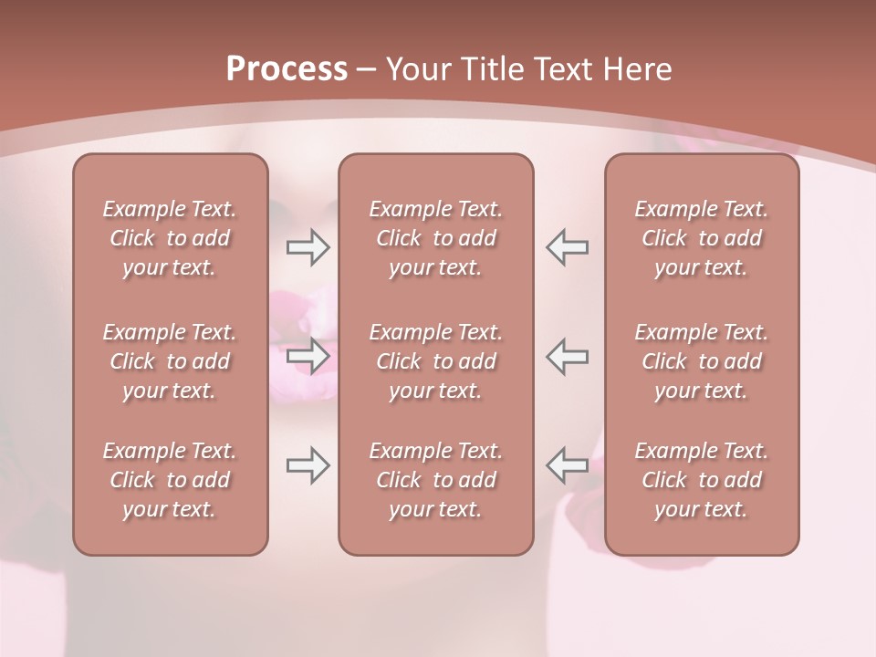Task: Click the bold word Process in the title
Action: (x=287, y=69)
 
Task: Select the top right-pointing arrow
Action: (x=308, y=246)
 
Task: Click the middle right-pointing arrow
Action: (x=308, y=355)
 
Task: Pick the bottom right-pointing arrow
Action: (x=308, y=465)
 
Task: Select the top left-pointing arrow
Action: (x=568, y=246)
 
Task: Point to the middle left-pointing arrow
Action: (x=568, y=355)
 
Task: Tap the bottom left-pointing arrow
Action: (x=568, y=465)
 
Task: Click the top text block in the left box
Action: (x=170, y=238)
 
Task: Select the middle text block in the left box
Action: (x=170, y=361)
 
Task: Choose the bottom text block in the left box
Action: (x=170, y=480)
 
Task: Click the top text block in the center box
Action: (x=435, y=238)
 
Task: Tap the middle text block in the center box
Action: (x=435, y=361)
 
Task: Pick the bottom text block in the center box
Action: (x=435, y=480)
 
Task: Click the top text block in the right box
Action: (x=701, y=238)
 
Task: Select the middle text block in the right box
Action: (x=701, y=361)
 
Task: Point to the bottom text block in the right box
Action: (x=701, y=480)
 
